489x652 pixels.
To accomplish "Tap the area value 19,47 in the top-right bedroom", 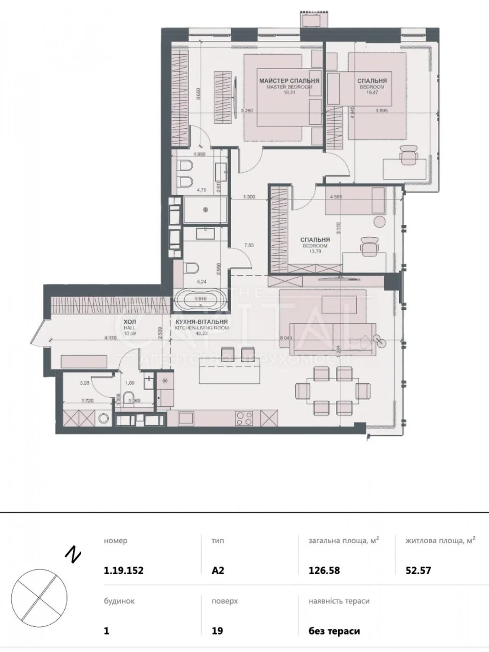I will coord(372,93).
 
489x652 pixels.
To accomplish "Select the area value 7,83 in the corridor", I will coord(249,245).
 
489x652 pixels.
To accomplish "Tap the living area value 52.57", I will coord(418,570).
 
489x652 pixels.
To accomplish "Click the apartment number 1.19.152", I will coord(124,570).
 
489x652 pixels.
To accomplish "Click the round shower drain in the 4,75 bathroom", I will coord(205,210).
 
